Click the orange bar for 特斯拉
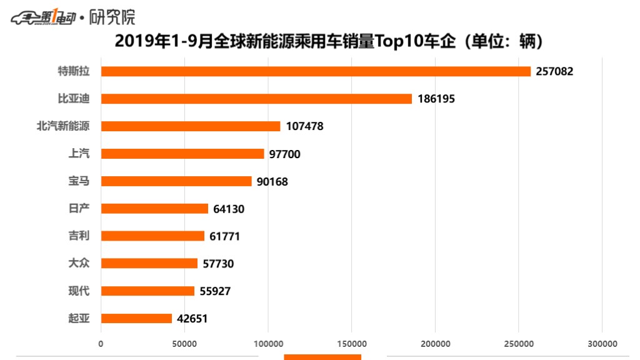pos(316,71)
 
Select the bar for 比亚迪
pos(256,99)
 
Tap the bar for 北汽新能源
pos(191,126)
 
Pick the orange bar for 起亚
pos(136,318)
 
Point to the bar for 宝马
pos(176,181)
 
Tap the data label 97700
pos(284,154)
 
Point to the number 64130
pos(228,209)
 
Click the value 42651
pos(192,318)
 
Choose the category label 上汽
pos(79,154)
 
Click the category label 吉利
pos(79,236)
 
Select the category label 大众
pos(79,263)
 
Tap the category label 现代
pos(79,291)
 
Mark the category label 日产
pos(79,209)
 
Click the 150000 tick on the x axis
pos(351,344)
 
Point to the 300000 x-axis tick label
pos(602,344)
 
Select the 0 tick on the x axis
pos(101,344)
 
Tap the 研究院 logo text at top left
pos(112,17)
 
